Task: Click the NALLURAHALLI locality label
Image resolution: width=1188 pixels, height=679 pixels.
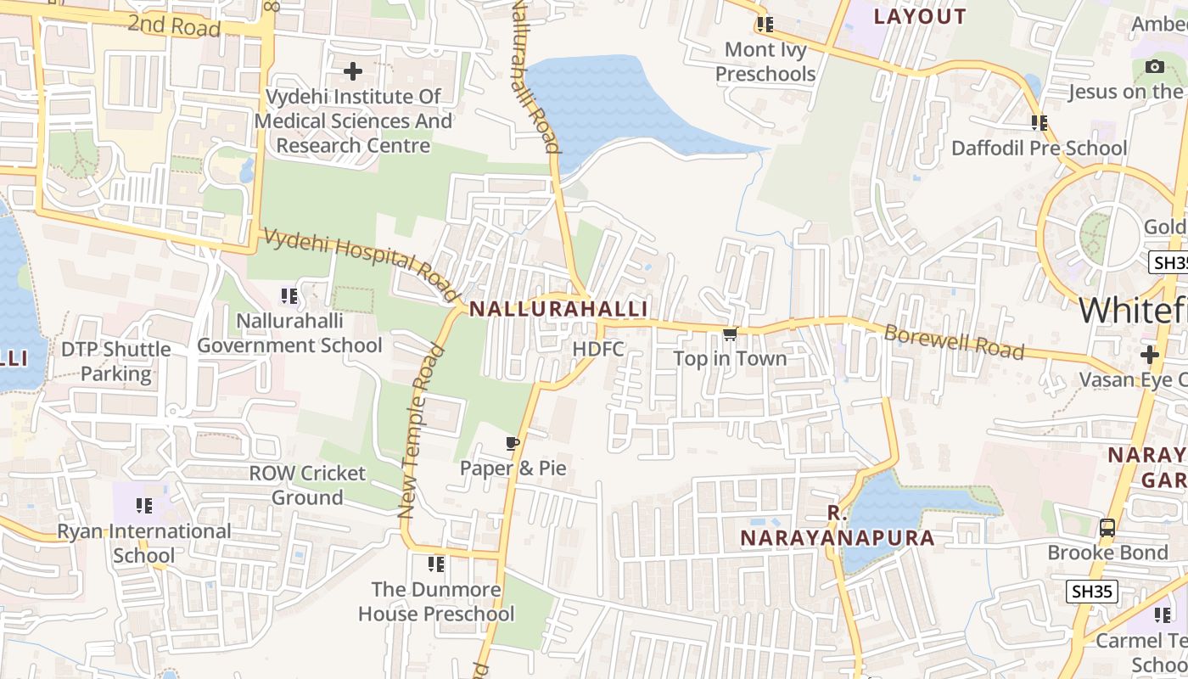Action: pos(558,309)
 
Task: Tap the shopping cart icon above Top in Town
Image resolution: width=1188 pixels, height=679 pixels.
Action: pos(730,334)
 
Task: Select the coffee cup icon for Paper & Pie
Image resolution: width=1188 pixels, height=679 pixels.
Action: pos(512,443)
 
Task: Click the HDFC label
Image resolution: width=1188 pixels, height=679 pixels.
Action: pos(598,349)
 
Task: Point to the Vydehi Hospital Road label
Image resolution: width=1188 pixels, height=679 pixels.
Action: pos(361,264)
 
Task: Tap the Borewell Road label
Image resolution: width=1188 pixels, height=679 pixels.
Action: pos(954,341)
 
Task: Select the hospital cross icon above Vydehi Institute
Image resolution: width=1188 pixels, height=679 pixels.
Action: pos(353,71)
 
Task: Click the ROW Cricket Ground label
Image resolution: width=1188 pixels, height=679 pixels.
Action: pos(307,485)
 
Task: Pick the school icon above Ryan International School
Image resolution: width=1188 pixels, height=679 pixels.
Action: pos(144,507)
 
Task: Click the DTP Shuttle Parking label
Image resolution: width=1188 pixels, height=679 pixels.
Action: pos(115,362)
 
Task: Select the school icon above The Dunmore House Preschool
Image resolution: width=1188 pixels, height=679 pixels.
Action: pos(436,564)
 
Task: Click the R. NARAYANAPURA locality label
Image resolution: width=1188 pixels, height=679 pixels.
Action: pos(838,525)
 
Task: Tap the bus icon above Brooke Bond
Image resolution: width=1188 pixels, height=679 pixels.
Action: pos(1107,528)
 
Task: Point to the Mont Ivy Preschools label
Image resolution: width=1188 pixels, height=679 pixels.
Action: pos(765,62)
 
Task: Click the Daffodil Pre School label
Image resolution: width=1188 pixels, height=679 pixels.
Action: pos(1039,149)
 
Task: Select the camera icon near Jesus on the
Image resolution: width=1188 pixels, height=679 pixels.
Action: pos(1155,67)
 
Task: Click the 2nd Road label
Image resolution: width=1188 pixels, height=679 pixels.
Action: pos(174,25)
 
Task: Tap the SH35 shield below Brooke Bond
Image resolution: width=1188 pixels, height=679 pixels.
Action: pos(1092,592)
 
